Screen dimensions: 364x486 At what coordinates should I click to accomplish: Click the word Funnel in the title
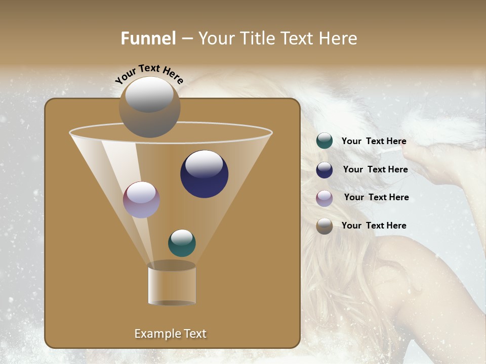point(148,38)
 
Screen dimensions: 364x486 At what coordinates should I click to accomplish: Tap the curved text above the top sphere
point(149,74)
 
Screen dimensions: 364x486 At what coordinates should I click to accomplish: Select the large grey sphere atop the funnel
point(150,107)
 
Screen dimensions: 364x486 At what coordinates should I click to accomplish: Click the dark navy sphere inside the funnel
point(204,174)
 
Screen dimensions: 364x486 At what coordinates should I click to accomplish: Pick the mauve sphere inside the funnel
point(142,200)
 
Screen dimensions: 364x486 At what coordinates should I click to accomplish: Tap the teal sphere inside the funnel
point(182,243)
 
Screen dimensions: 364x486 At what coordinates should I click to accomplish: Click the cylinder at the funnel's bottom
point(172,284)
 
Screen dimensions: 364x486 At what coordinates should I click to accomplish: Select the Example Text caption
point(171,334)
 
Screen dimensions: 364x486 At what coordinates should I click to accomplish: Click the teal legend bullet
point(325,141)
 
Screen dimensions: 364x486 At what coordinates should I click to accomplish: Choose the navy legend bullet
point(325,170)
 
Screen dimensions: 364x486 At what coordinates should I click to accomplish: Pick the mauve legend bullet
point(325,198)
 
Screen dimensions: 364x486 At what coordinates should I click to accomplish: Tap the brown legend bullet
point(325,226)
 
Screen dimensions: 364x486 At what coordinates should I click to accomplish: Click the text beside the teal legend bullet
point(374,142)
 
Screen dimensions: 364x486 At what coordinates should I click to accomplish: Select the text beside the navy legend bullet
point(375,169)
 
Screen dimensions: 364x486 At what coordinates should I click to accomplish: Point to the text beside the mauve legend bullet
point(376,197)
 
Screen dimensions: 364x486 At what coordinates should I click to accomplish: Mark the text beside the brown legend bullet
point(374,225)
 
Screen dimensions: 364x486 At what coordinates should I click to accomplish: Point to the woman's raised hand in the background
point(445,167)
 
